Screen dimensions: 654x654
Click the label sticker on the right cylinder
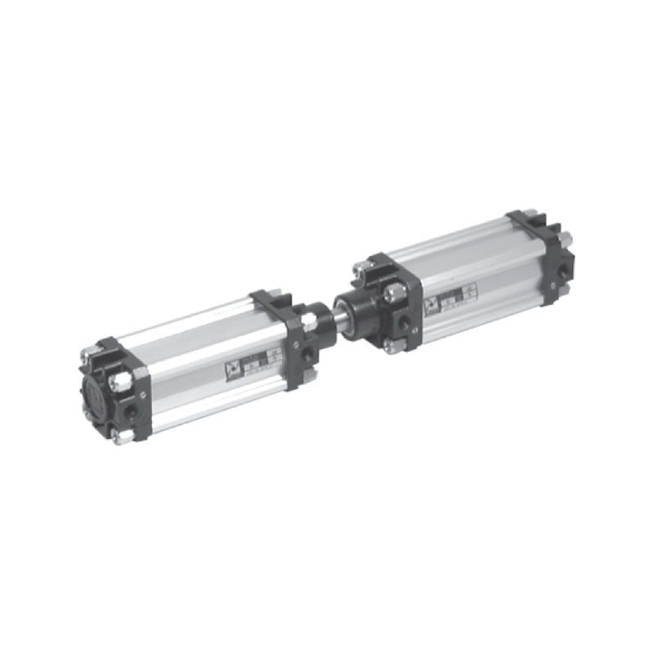[x=450, y=300]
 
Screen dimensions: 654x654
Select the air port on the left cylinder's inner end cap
[x=307, y=354]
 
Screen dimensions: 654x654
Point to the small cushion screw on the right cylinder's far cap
[x=553, y=285]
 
